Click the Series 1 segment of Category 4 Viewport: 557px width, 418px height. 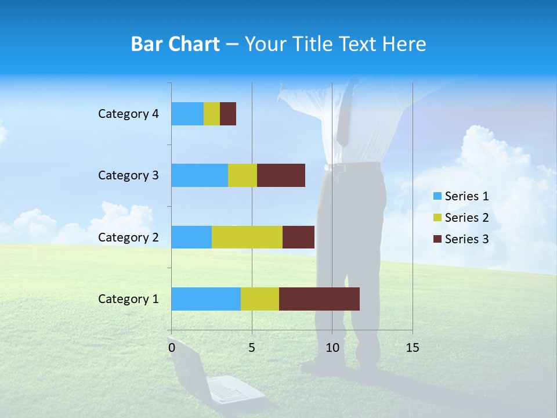click(x=187, y=114)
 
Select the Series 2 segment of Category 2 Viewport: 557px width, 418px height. click(x=247, y=237)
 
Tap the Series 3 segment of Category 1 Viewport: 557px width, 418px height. click(x=319, y=299)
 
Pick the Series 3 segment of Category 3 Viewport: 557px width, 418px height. click(x=281, y=175)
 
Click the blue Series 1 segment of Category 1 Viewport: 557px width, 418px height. click(x=206, y=299)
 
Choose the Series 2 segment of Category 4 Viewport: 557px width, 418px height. click(x=212, y=114)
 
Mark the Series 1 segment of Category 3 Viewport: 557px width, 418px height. click(x=200, y=175)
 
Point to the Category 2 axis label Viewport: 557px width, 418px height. click(x=128, y=237)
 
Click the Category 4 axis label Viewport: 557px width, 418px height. click(x=128, y=114)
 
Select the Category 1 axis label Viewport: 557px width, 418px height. click(x=128, y=299)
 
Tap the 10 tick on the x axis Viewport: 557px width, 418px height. click(x=332, y=348)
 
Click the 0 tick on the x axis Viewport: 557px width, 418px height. click(x=172, y=348)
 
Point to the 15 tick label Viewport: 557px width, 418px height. click(x=412, y=348)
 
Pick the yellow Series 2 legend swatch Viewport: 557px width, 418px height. click(x=437, y=218)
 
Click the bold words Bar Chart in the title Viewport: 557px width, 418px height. click(x=175, y=44)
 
